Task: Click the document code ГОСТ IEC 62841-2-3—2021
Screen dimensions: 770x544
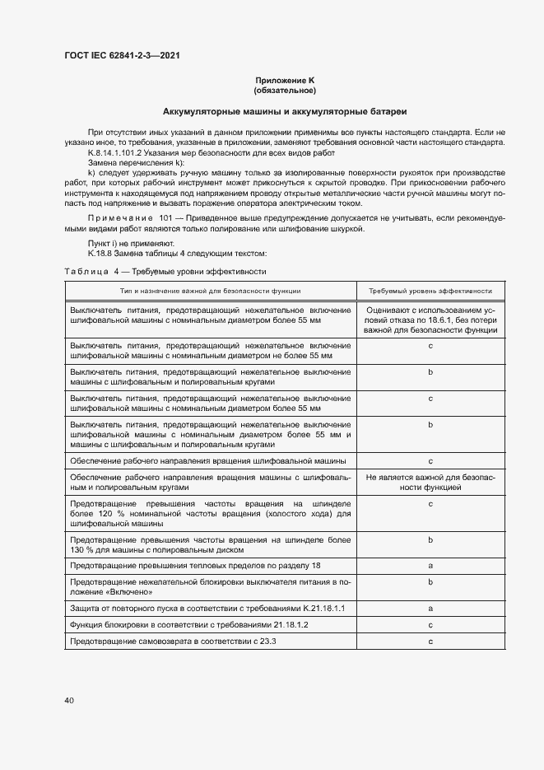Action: [x=122, y=56]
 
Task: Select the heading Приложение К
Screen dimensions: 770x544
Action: [x=285, y=80]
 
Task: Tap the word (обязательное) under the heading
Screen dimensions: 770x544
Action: [x=285, y=90]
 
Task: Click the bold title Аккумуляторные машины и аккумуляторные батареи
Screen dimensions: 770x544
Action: [x=285, y=110]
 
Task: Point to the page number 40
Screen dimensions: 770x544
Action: [x=69, y=700]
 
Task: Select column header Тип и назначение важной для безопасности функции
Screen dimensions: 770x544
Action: [x=210, y=291]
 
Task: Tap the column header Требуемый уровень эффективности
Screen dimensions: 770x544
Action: [x=430, y=291]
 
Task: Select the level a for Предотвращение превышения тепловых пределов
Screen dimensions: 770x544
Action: [x=430, y=567]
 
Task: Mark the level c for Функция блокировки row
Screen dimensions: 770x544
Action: [x=430, y=626]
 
